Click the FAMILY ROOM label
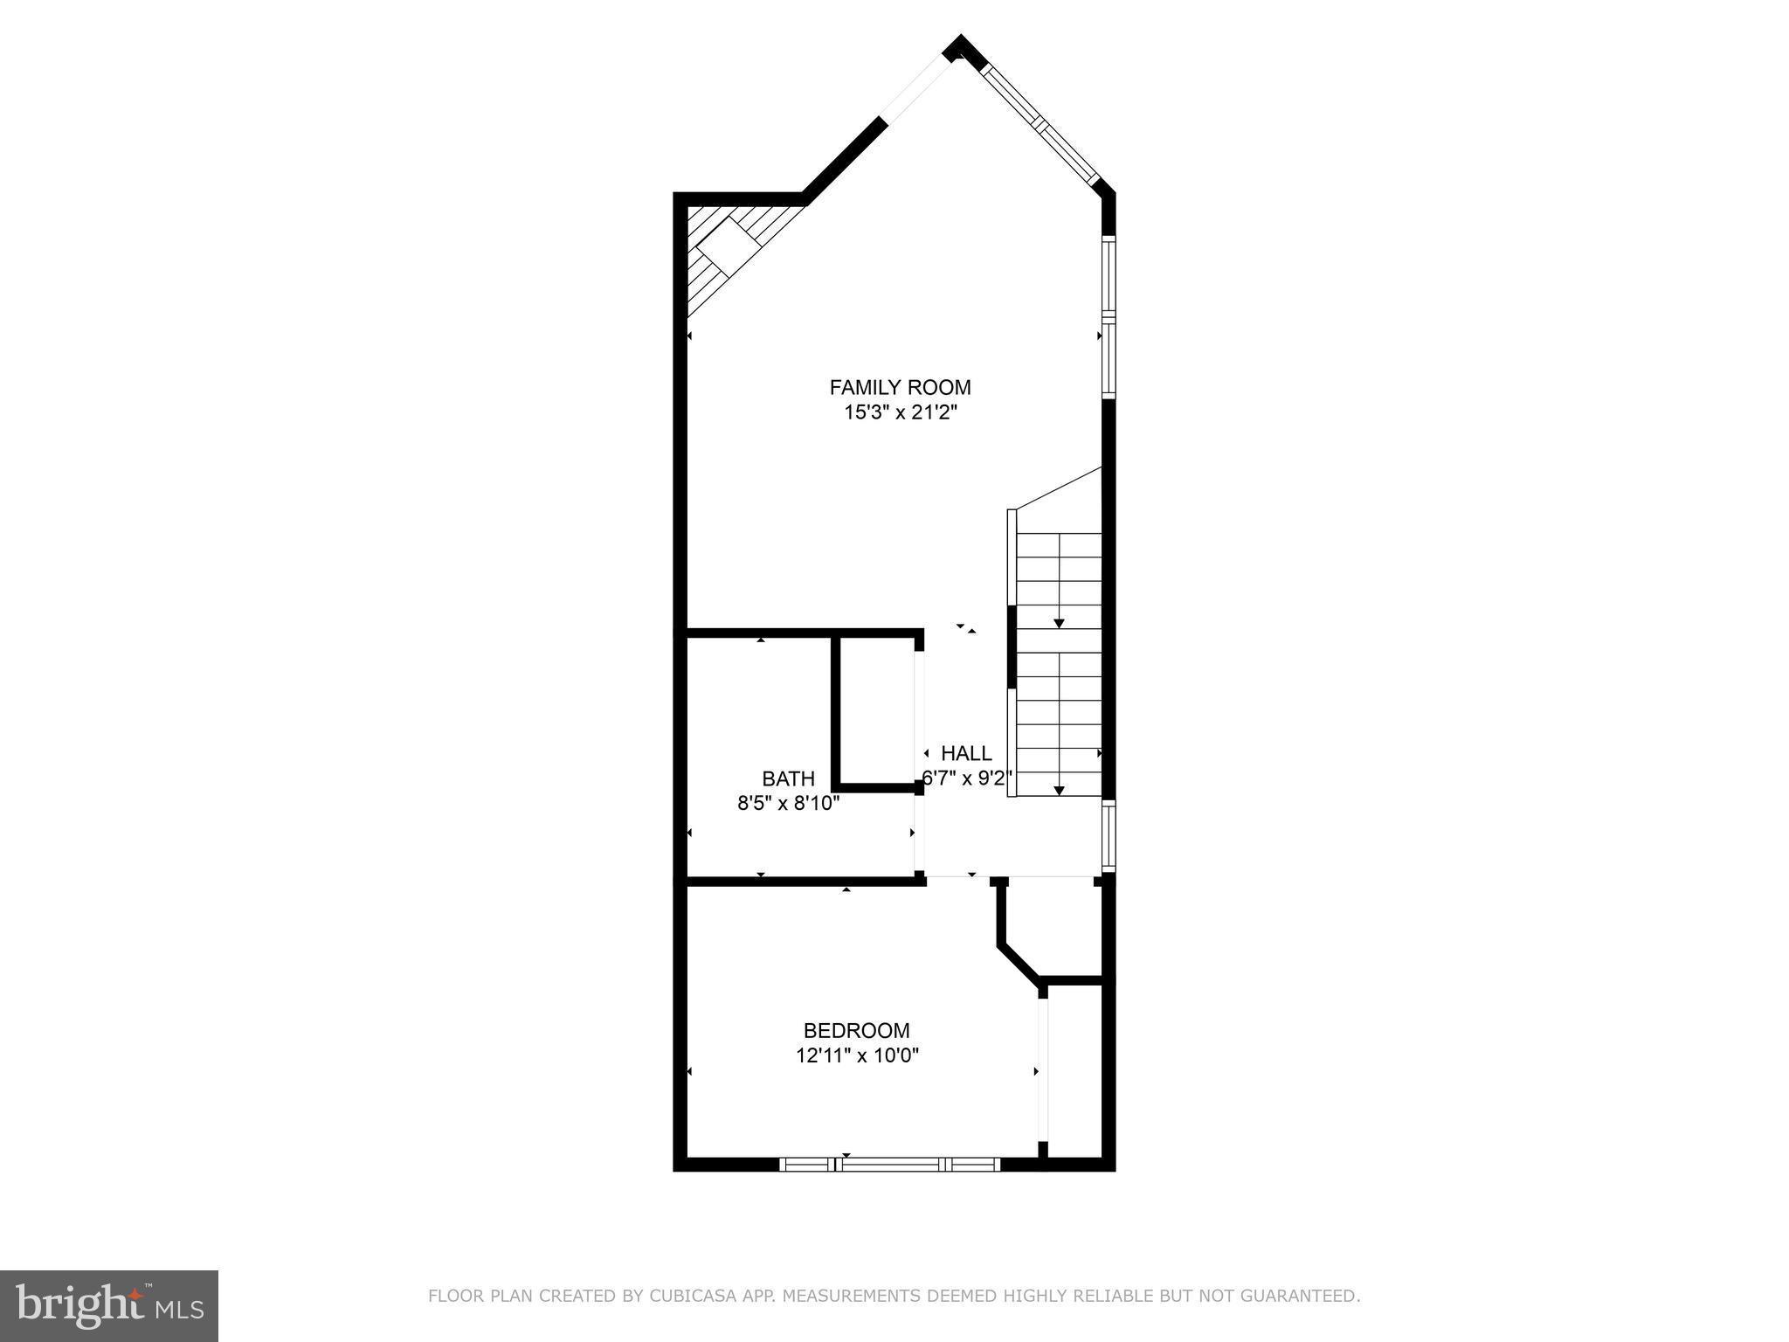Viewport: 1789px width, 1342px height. (900, 387)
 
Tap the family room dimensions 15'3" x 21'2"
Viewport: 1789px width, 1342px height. (900, 412)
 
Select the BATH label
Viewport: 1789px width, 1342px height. (788, 778)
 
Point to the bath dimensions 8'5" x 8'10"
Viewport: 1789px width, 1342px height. (788, 803)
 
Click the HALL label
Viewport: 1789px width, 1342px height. (966, 753)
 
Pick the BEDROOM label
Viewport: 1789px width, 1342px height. (856, 1031)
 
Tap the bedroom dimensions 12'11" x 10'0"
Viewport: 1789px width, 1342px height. (856, 1055)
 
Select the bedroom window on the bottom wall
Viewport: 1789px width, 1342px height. (889, 1164)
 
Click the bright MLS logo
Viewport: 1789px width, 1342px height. (109, 1305)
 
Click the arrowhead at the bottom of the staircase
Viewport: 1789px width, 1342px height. (1059, 790)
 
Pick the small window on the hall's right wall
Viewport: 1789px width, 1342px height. (1109, 836)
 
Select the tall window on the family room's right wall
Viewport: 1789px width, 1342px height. (1109, 317)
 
